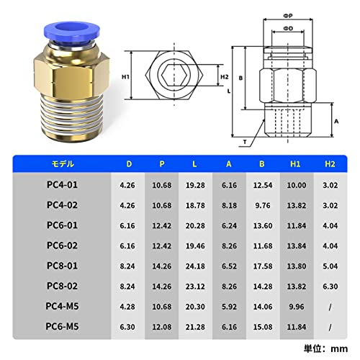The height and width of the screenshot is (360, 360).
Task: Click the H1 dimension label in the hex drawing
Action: click(x=125, y=77)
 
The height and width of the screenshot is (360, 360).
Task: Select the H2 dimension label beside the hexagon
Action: click(x=225, y=77)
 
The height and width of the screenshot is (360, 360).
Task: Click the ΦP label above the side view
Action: click(x=288, y=16)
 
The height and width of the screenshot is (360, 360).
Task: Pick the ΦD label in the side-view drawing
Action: click(x=288, y=28)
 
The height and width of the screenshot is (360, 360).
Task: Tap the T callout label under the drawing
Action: click(x=245, y=142)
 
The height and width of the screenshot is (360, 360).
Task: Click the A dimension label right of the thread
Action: click(x=336, y=121)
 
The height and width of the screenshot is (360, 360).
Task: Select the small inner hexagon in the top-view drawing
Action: click(x=174, y=76)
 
